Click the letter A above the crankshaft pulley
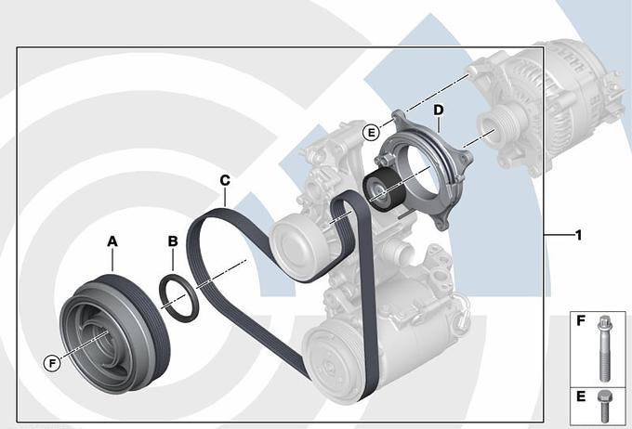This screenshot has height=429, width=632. click(112, 241)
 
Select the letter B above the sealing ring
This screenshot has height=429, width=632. click(173, 241)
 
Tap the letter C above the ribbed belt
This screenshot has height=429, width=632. click(225, 180)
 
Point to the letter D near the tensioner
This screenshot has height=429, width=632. click(438, 110)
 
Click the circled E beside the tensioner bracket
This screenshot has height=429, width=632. click(371, 133)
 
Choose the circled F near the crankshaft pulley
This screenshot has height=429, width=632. click(52, 363)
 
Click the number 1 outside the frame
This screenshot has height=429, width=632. click(578, 235)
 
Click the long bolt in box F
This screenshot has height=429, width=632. click(603, 348)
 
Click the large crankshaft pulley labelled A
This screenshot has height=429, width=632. click(115, 333)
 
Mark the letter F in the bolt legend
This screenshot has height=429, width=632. click(581, 321)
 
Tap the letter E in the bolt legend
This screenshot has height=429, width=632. click(581, 396)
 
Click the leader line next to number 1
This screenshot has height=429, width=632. click(559, 234)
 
